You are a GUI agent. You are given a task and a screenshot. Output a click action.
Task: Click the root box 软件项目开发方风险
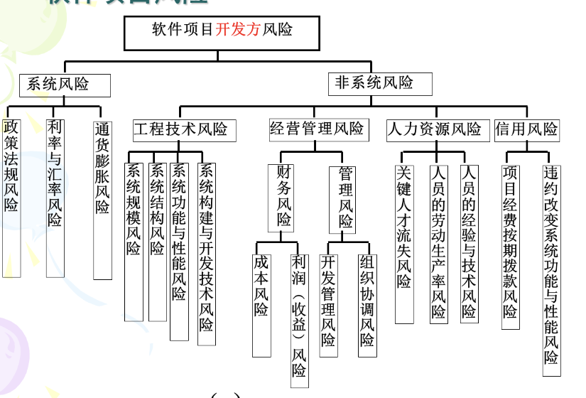[222, 32]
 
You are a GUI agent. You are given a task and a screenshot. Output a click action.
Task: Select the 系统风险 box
[64, 85]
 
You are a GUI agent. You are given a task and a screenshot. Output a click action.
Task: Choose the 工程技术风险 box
[180, 129]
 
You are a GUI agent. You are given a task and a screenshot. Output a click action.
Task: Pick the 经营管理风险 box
[317, 129]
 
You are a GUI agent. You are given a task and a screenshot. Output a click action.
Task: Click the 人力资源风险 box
[435, 129]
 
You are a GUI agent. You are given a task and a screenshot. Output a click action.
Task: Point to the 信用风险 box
[526, 129]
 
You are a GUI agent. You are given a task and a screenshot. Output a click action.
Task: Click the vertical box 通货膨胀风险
[102, 199]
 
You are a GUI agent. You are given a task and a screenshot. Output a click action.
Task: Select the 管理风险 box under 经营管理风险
[345, 199]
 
